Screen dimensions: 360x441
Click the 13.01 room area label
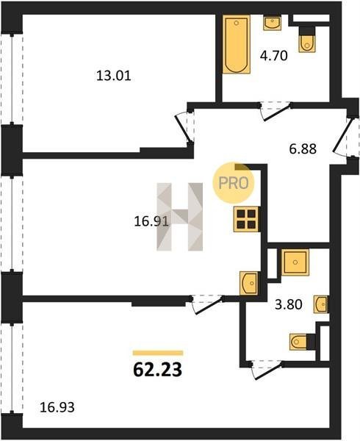[x=114, y=76]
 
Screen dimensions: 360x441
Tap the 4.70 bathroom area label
[x=274, y=55]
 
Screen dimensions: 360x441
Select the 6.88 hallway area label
[x=303, y=148]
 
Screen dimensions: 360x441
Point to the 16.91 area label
[x=151, y=222]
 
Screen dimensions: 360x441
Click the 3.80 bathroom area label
[x=288, y=304]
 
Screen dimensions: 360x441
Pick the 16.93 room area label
[x=57, y=407]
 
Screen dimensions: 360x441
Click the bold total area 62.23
[x=158, y=370]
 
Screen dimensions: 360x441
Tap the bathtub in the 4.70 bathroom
[x=237, y=44]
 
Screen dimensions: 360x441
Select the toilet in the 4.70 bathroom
[x=307, y=40]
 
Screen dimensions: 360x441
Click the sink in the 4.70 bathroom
[x=272, y=23]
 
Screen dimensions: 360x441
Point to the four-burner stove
[x=246, y=219]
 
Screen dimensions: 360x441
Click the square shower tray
[x=295, y=262]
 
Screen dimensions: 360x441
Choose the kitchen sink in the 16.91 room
[x=249, y=283]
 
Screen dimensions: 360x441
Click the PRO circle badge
[x=234, y=183]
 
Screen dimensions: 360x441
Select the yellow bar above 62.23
[x=158, y=353]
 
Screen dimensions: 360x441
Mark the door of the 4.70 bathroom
[x=276, y=111]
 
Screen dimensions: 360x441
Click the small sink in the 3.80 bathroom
[x=321, y=304]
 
